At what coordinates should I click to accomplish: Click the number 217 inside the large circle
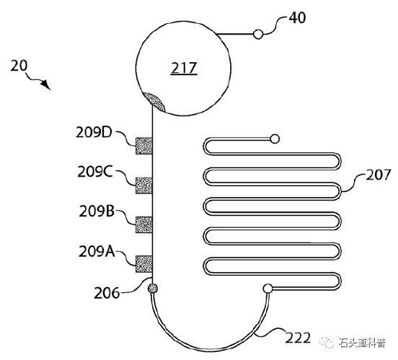[x=184, y=68]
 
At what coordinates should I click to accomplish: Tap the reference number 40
[x=298, y=18]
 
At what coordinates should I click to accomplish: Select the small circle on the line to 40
[x=258, y=35]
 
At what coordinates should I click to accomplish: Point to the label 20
[x=19, y=66]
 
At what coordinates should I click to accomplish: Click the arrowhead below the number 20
[x=45, y=85]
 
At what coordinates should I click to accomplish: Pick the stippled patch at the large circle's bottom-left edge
[x=154, y=101]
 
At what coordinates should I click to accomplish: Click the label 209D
[x=94, y=132]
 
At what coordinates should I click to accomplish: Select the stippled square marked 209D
[x=144, y=146]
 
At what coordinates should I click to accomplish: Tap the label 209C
[x=95, y=172]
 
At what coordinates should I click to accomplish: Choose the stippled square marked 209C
[x=144, y=185]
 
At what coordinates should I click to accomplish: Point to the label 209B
[x=97, y=211]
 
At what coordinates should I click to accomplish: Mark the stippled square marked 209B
[x=144, y=224]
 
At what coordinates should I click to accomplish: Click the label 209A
[x=97, y=252]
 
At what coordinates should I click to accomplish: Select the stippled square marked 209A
[x=144, y=264]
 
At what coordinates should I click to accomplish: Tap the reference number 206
[x=107, y=293]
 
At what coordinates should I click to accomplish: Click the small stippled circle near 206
[x=153, y=289]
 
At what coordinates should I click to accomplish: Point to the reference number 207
[x=378, y=175]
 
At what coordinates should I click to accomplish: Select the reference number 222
[x=298, y=338]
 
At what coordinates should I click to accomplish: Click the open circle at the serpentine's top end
[x=275, y=139]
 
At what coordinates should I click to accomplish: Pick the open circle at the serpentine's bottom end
[x=267, y=289]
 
